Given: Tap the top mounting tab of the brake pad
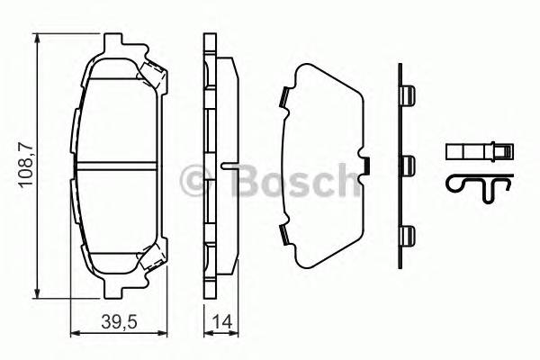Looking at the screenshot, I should click(114, 43).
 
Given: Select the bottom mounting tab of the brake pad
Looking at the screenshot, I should click(114, 290).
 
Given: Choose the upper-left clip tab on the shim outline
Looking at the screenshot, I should click(283, 94).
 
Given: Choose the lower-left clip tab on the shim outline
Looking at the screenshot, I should click(283, 236).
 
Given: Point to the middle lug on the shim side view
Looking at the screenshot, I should click(408, 164).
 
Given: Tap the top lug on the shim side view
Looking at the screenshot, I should click(408, 94).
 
